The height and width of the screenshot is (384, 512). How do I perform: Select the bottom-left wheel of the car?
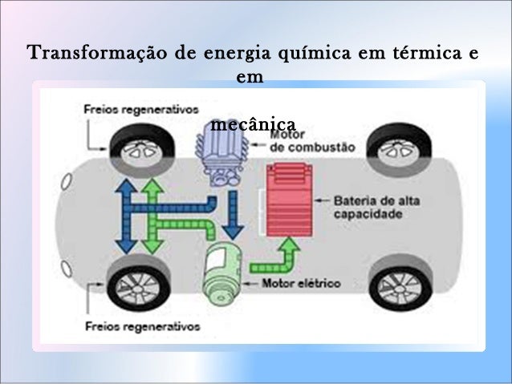point(138,284)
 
